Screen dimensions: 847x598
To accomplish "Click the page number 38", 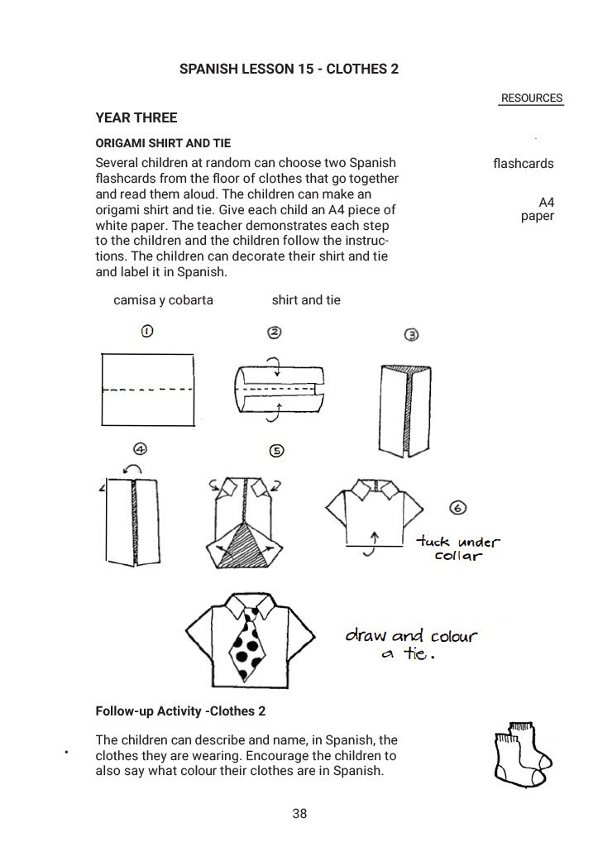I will click(299, 814).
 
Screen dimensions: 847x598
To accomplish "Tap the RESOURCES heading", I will click(531, 98).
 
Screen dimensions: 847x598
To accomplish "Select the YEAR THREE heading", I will click(136, 117).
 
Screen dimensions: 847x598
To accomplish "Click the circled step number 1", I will click(146, 332).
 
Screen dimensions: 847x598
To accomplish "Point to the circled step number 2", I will click(275, 333).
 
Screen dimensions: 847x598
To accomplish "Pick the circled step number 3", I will click(411, 335).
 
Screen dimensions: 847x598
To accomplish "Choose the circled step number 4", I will click(141, 449).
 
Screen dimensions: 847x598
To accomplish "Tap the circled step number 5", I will click(277, 451).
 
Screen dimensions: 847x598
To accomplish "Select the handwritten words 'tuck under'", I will click(458, 542).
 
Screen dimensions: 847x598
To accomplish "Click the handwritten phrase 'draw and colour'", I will click(411, 636).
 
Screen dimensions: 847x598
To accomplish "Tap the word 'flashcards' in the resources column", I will click(523, 164).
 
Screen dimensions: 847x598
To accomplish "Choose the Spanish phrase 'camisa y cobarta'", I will click(163, 299).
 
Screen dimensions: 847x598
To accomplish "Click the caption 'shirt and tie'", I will click(306, 299).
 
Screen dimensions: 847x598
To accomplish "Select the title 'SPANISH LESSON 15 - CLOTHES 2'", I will click(289, 69).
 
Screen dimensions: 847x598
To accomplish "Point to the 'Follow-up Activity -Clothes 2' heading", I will click(180, 711).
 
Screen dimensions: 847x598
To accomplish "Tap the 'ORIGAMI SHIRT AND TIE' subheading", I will click(163, 143).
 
